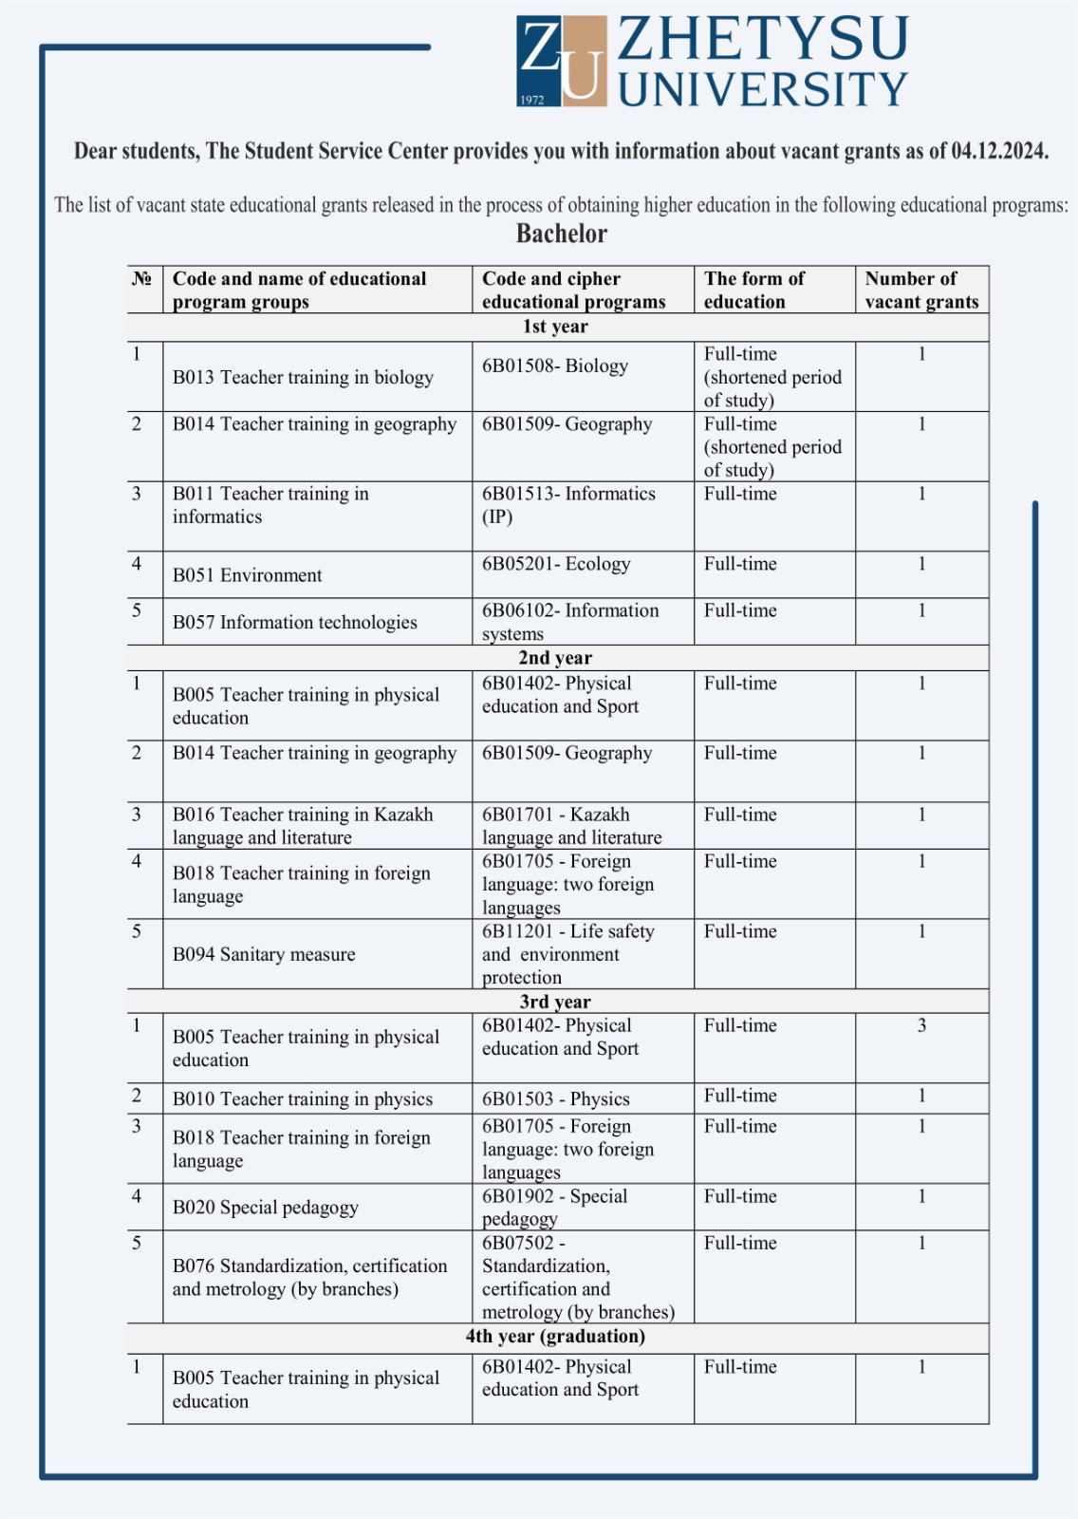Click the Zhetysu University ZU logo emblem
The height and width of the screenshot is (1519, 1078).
click(x=562, y=60)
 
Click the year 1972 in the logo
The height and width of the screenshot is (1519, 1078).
click(x=532, y=99)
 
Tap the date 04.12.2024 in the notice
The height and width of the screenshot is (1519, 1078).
click(x=999, y=152)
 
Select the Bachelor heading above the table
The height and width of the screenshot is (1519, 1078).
click(x=562, y=234)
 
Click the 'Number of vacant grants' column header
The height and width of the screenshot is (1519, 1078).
click(x=920, y=290)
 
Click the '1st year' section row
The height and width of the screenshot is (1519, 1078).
click(x=555, y=327)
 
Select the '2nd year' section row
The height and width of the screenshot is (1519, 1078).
click(x=555, y=658)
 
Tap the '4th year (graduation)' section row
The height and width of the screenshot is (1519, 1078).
click(x=555, y=1337)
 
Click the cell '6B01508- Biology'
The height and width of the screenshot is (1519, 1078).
click(x=555, y=366)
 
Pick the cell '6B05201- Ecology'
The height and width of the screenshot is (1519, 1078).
click(x=556, y=564)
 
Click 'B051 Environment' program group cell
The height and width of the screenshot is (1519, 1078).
click(x=248, y=575)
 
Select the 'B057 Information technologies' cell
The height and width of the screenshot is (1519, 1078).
click(x=295, y=622)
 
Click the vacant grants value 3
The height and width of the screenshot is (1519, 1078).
click(x=921, y=1025)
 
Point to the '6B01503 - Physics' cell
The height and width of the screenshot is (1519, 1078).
click(x=556, y=1099)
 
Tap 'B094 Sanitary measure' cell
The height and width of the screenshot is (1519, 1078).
click(x=264, y=954)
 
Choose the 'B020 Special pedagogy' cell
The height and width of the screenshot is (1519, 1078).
click(x=266, y=1208)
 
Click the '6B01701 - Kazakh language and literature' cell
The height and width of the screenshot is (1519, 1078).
click(x=571, y=826)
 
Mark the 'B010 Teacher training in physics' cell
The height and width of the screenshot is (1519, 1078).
click(x=303, y=1099)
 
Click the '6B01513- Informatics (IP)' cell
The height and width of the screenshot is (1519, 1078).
click(x=568, y=505)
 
